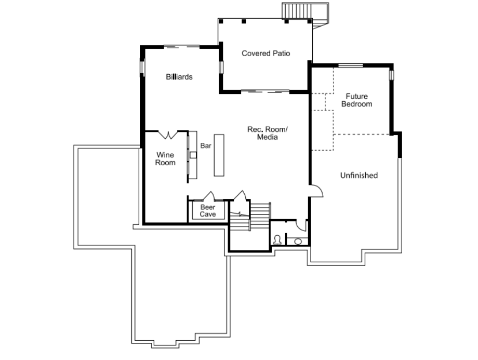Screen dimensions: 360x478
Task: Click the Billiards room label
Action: click(x=179, y=77)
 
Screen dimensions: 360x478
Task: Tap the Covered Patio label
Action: click(x=265, y=53)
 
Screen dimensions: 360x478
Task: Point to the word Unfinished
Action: click(x=358, y=176)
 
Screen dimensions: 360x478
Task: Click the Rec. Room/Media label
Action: click(x=267, y=133)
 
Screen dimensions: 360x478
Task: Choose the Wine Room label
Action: click(x=166, y=159)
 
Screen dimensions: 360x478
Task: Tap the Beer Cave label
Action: click(x=208, y=211)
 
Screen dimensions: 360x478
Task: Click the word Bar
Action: click(x=206, y=146)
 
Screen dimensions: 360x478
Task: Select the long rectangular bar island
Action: click(x=219, y=155)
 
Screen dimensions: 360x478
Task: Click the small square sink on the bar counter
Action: click(x=192, y=155)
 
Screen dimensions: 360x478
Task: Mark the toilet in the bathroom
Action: click(x=277, y=240)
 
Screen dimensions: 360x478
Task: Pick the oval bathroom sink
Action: click(x=298, y=242)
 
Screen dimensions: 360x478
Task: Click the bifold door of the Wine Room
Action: click(x=168, y=135)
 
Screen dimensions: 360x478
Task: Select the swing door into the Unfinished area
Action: click(x=316, y=191)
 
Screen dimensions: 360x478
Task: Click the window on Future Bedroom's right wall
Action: click(x=392, y=74)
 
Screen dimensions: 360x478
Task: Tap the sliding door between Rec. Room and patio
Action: click(x=265, y=91)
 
